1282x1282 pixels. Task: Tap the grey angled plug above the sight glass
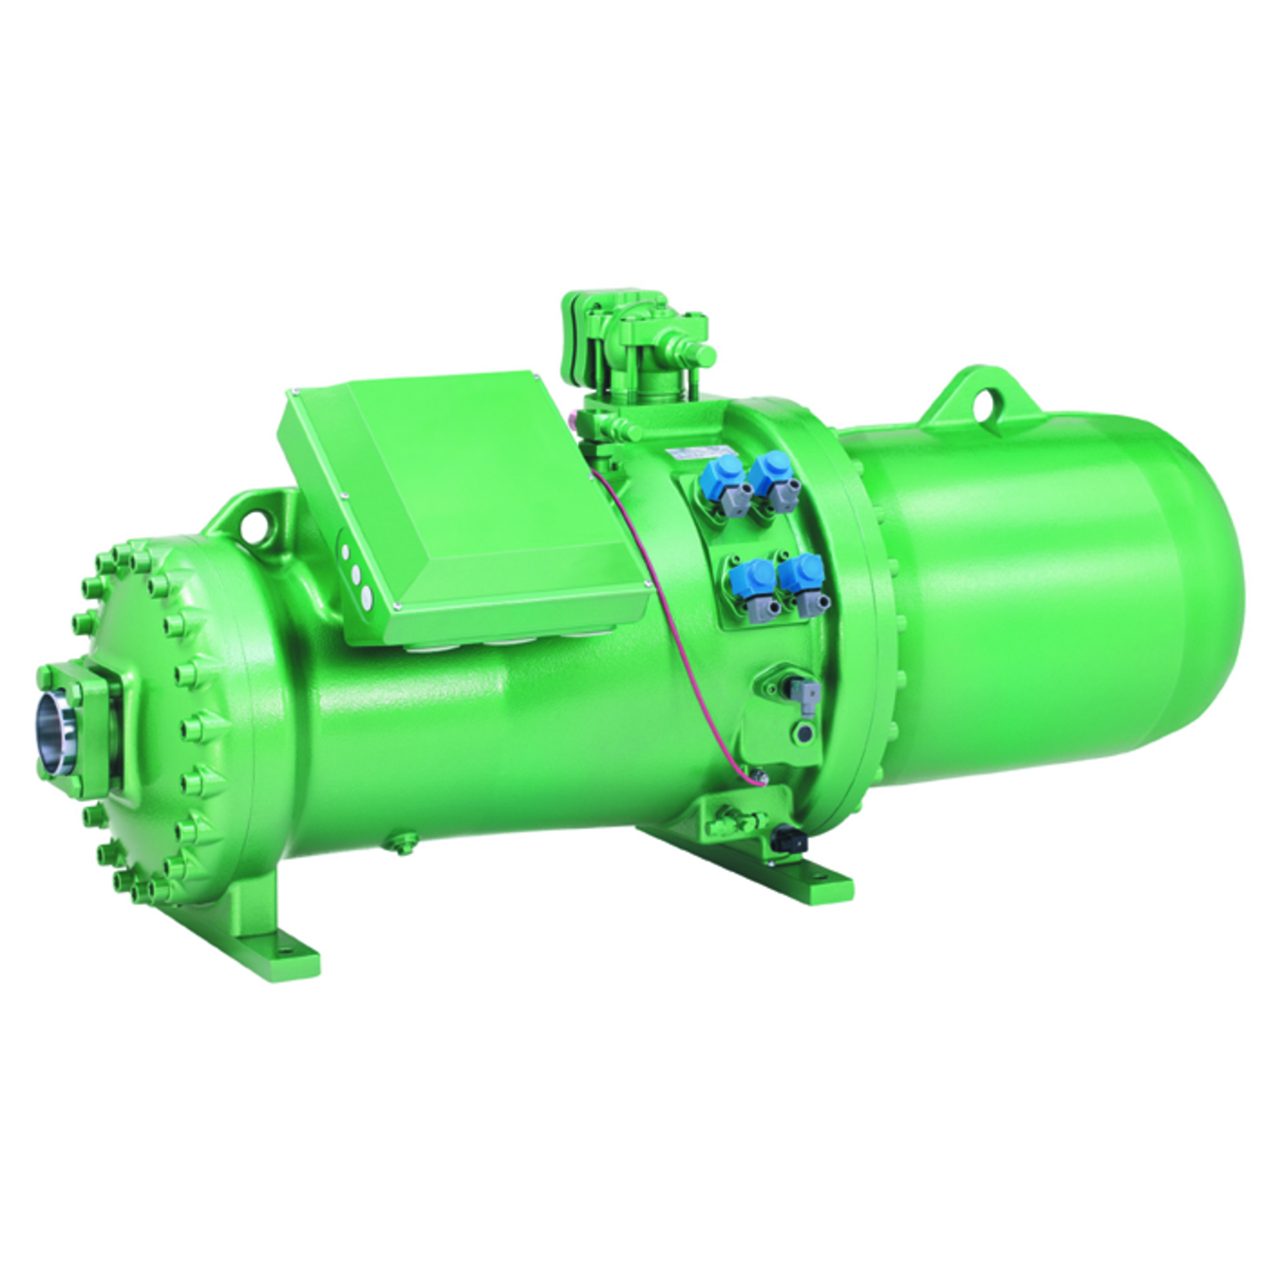click(x=805, y=693)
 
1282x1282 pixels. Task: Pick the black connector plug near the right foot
click(x=787, y=839)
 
